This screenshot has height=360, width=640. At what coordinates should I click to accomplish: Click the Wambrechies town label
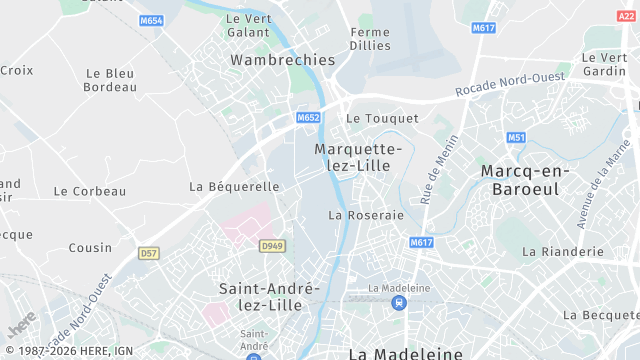pyautogui.click(x=283, y=60)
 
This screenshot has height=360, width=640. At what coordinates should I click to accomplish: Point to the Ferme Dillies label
pyautogui.click(x=370, y=39)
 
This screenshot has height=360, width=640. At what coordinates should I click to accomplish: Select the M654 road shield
pyautogui.click(x=152, y=20)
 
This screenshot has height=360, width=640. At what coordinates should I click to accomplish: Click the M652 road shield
pyautogui.click(x=308, y=118)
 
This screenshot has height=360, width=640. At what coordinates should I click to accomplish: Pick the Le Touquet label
pyautogui.click(x=382, y=118)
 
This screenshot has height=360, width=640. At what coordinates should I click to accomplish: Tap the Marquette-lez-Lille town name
pyautogui.click(x=358, y=158)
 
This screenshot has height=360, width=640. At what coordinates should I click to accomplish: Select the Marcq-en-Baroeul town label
pyautogui.click(x=525, y=180)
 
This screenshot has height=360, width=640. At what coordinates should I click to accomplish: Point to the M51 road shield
pyautogui.click(x=516, y=137)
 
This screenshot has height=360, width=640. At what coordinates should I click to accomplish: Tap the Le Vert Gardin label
pyautogui.click(x=604, y=64)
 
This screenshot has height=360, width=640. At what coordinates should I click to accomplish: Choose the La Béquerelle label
pyautogui.click(x=234, y=186)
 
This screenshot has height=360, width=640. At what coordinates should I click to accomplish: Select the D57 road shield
pyautogui.click(x=149, y=253)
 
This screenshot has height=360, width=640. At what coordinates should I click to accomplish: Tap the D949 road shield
pyautogui.click(x=272, y=245)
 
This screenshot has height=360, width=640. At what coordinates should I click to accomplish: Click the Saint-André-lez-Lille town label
pyautogui.click(x=268, y=297)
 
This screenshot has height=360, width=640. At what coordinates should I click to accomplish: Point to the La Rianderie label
pyautogui.click(x=563, y=251)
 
